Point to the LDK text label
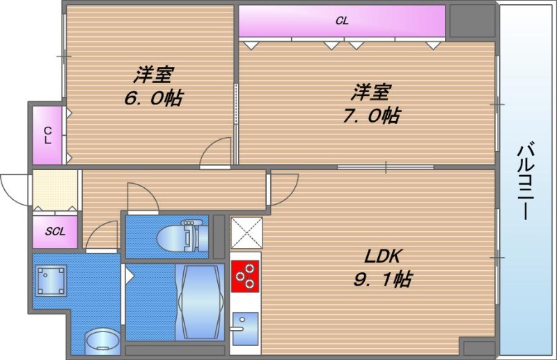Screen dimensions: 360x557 click(x=380, y=256)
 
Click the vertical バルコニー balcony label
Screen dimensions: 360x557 click(x=527, y=180)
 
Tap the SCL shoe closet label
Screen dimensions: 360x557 click(x=55, y=231)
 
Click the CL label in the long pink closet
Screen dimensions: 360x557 click(x=342, y=21)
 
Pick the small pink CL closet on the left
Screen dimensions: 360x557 click(x=47, y=134)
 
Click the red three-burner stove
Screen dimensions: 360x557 click(x=244, y=276)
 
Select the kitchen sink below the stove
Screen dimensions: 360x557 click(x=244, y=325)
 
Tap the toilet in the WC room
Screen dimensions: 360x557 click(x=179, y=233)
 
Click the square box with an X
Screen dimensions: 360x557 click(x=246, y=231)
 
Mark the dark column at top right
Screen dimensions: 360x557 click(x=471, y=22)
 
